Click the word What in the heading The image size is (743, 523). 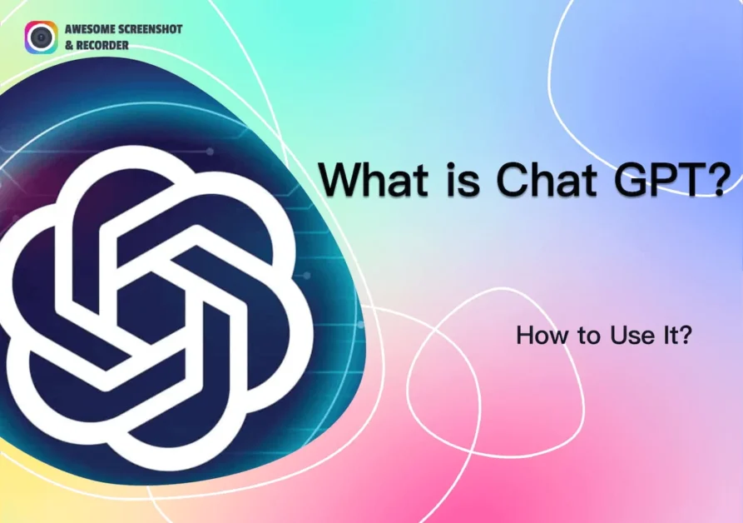pyautogui.click(x=374, y=179)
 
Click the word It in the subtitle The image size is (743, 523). pyautogui.click(x=661, y=336)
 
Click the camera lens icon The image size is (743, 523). pyautogui.click(x=42, y=37)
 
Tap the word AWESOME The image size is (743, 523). pyautogui.click(x=90, y=29)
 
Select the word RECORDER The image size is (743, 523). pyautogui.click(x=102, y=46)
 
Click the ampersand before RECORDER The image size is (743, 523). pyautogui.click(x=69, y=46)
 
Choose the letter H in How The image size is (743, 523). pyautogui.click(x=523, y=336)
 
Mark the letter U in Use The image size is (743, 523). pyautogui.click(x=618, y=336)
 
